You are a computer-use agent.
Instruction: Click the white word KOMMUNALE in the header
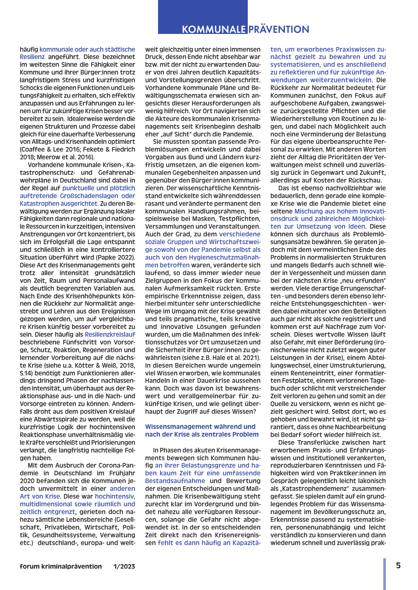click(213, 29)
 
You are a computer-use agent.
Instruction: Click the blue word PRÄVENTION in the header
click(279, 29)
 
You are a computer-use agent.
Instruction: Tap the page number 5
click(398, 566)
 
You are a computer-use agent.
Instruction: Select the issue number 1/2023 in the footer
click(124, 566)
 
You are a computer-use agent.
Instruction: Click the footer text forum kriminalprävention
click(61, 566)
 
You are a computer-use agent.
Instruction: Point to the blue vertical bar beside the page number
click(384, 574)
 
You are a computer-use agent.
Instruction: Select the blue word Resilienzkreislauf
click(110, 334)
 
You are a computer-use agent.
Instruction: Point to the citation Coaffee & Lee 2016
click(47, 149)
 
